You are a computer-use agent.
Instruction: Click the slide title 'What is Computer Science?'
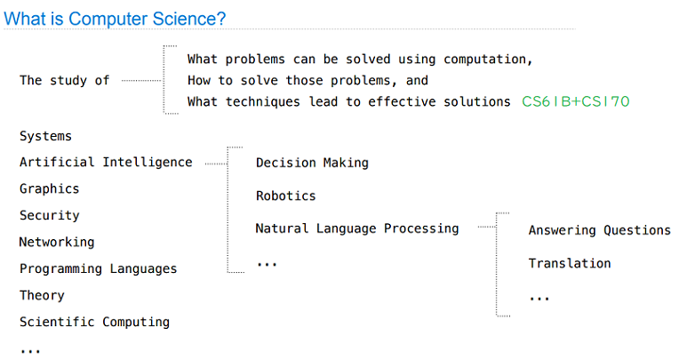click(115, 19)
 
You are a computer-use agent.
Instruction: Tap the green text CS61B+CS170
click(576, 101)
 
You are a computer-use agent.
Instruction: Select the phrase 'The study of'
click(65, 81)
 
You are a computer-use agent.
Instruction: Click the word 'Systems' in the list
click(45, 136)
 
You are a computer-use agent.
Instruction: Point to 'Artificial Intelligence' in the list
click(106, 162)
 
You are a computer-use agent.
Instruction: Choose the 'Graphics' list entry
click(50, 188)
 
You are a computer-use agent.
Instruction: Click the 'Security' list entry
click(50, 215)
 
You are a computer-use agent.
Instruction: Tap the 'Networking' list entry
click(57, 242)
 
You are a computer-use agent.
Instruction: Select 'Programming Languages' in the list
click(99, 268)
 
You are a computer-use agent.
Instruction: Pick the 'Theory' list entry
click(42, 295)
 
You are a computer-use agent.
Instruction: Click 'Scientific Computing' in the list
click(94, 322)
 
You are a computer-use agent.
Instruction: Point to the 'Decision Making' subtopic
click(312, 163)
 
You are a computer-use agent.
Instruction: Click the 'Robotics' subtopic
click(286, 196)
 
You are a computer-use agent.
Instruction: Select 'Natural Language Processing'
click(357, 228)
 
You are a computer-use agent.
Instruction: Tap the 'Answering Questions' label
click(599, 230)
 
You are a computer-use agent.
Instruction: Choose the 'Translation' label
click(570, 263)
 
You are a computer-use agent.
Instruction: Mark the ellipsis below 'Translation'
click(539, 299)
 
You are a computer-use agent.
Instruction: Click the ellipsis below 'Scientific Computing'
click(30, 351)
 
